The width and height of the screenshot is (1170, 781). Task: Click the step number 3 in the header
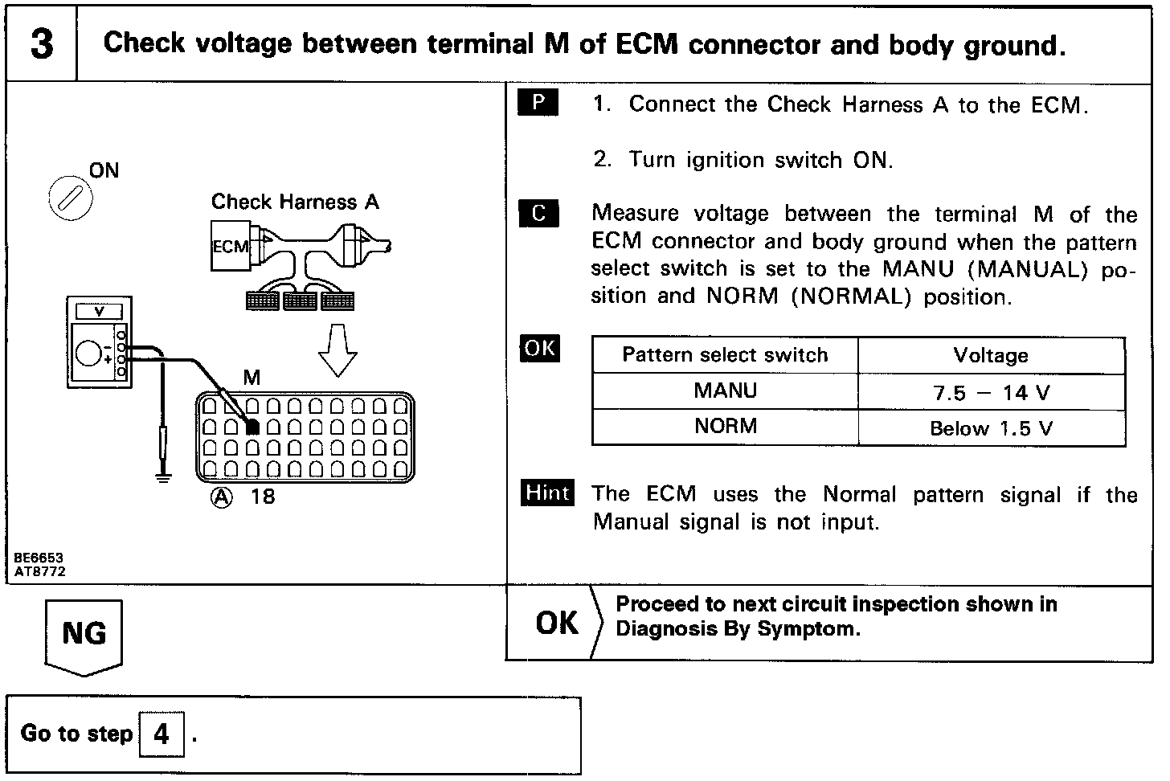(42, 43)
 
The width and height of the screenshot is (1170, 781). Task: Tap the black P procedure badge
(538, 103)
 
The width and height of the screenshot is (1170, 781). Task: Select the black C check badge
(538, 213)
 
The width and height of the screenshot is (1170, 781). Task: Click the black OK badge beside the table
(540, 348)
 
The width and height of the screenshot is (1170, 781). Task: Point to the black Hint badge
(547, 493)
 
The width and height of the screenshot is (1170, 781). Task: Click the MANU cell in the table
(725, 391)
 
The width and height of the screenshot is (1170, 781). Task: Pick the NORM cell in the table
(725, 426)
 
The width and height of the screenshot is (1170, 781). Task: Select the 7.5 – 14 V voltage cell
(991, 393)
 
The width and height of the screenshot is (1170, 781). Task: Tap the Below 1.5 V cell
(991, 428)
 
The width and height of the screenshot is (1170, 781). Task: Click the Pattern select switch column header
(725, 355)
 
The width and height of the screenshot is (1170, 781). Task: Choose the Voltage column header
(991, 355)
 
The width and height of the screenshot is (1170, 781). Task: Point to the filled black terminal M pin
(252, 427)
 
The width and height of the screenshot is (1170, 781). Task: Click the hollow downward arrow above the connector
(338, 352)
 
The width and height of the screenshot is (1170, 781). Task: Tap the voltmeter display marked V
(100, 312)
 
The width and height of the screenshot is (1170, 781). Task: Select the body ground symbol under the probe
(164, 479)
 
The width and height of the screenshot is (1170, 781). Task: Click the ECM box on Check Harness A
(231, 247)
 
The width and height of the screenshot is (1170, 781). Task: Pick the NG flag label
(84, 633)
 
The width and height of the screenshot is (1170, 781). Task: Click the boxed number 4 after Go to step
(162, 734)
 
